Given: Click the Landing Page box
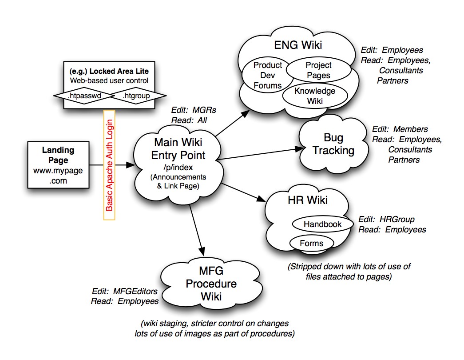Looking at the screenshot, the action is click(x=58, y=165).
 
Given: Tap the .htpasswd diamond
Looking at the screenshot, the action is click(x=84, y=96).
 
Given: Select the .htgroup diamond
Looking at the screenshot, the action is click(x=136, y=96).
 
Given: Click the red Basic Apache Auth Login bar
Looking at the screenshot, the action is click(x=109, y=165).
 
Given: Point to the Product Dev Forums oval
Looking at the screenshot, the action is click(x=267, y=75).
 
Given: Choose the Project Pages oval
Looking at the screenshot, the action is click(x=318, y=70).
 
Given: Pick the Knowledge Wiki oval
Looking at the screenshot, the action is click(x=315, y=96).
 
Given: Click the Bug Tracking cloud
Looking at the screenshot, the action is click(x=333, y=144).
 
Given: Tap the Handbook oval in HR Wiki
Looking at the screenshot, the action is click(x=322, y=224).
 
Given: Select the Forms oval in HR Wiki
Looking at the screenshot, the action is click(x=312, y=243).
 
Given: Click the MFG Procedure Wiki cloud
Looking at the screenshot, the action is click(x=211, y=284).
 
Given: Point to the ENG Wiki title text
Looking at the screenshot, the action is click(x=298, y=45).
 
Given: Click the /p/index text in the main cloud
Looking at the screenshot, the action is click(x=178, y=168).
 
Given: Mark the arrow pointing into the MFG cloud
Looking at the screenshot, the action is click(x=197, y=230).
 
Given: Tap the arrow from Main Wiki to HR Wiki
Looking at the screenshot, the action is click(x=243, y=192).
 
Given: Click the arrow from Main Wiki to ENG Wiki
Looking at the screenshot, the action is click(x=233, y=123).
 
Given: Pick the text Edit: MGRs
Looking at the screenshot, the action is click(x=194, y=110).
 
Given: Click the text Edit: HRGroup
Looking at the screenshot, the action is click(x=386, y=220).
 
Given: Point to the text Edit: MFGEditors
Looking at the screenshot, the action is click(x=125, y=291).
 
